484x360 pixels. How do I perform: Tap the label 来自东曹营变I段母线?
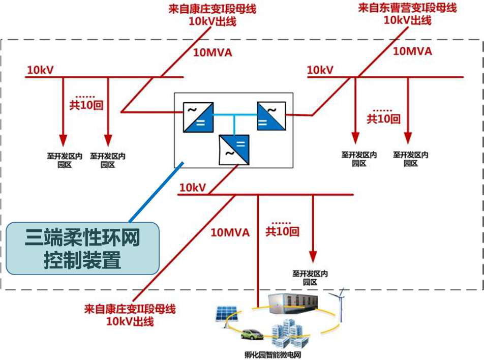tap(407, 8)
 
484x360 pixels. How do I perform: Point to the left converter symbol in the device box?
tap(198, 117)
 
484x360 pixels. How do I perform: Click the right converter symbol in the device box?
tap(271, 115)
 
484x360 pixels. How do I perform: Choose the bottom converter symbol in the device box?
tap(234, 150)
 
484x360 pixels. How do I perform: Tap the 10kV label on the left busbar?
tap(40, 70)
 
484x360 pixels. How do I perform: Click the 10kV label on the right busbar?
tap(320, 70)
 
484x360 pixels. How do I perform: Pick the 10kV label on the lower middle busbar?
tap(192, 188)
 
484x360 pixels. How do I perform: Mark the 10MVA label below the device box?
tap(230, 232)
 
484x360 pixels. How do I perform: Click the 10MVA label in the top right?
tap(412, 51)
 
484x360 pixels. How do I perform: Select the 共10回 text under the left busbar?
tap(86, 105)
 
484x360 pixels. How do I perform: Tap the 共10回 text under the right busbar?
tap(383, 119)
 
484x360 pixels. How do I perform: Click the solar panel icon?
tap(223, 313)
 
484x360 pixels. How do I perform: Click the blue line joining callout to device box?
tap(155, 193)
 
